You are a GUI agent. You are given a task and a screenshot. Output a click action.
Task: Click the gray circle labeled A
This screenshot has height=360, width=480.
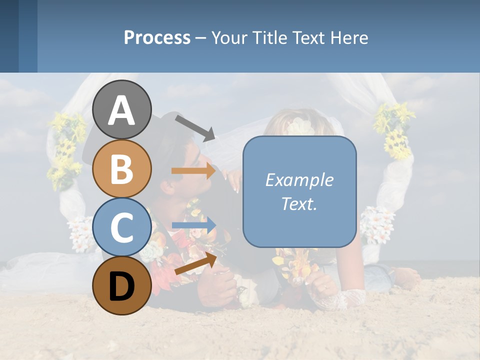click(122, 109)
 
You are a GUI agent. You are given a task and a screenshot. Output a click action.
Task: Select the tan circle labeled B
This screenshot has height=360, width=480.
click(122, 168)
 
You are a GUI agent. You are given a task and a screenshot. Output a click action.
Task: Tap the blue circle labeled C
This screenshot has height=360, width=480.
click(122, 227)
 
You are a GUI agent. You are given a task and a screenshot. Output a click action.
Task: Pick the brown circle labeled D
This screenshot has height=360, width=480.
click(122, 285)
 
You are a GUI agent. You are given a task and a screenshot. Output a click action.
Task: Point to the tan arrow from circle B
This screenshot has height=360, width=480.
click(193, 171)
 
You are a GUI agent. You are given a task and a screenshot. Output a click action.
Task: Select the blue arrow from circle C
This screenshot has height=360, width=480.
click(193, 225)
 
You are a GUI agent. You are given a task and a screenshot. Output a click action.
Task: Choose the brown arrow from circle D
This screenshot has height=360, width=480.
click(195, 263)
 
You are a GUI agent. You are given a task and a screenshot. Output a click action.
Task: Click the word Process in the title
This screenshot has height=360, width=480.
click(157, 37)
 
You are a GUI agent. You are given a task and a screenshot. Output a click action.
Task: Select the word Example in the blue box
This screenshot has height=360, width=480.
click(299, 180)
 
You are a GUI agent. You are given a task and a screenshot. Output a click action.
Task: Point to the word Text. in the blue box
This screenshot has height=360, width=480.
click(299, 204)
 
